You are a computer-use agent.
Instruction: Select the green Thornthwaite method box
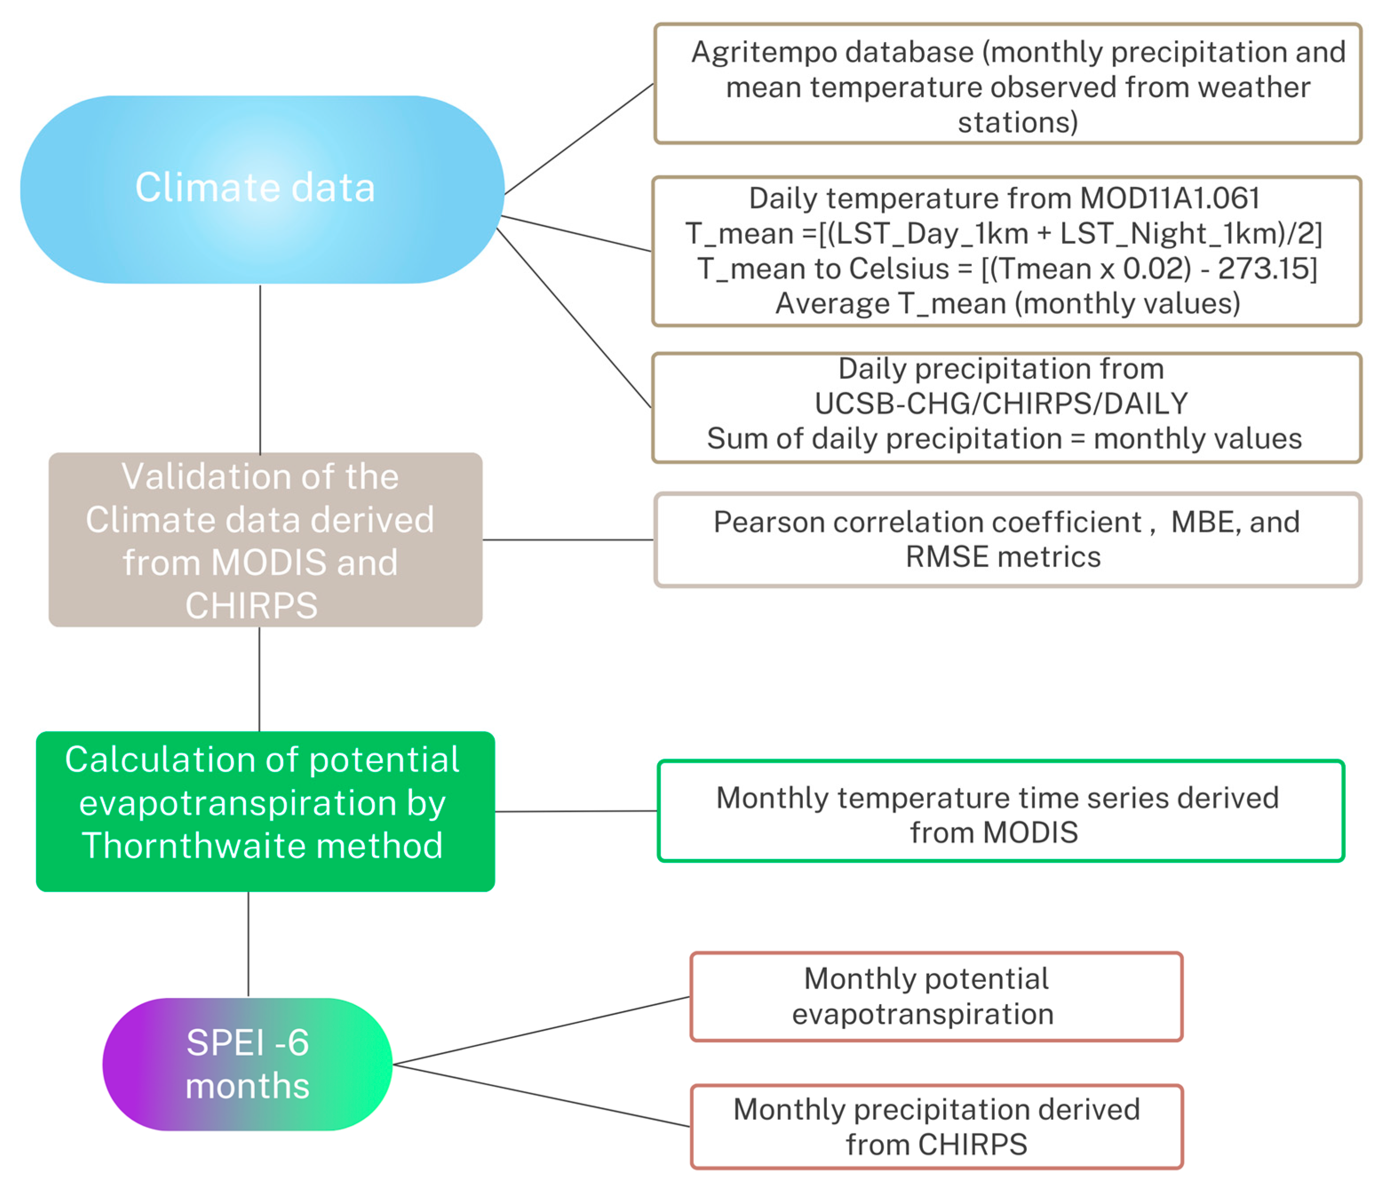point(265,811)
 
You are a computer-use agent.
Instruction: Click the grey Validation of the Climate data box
point(265,539)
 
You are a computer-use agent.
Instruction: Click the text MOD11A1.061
point(1170,198)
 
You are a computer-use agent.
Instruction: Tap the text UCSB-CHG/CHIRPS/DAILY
point(1001,404)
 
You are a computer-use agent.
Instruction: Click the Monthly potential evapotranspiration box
point(936,997)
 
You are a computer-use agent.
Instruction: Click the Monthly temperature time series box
point(1000,811)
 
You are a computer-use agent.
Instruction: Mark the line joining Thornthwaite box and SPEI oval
point(248,944)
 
